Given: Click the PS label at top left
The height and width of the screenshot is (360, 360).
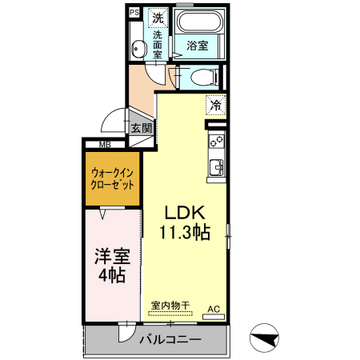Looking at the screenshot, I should click(x=134, y=13).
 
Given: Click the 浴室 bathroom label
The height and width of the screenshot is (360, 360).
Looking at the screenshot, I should click(x=198, y=46).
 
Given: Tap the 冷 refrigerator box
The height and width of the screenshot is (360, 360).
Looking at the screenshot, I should click(x=215, y=104).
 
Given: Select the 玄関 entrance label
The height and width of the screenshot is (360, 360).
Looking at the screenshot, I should click(x=142, y=128).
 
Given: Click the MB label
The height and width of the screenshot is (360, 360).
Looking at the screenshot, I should click(x=105, y=145).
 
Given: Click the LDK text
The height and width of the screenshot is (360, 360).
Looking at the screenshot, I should click(x=186, y=214).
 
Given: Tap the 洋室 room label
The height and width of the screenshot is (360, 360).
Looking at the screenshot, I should click(x=112, y=257).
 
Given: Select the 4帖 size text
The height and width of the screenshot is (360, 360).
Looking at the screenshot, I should click(x=112, y=276).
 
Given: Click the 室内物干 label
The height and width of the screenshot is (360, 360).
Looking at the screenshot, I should click(x=170, y=305).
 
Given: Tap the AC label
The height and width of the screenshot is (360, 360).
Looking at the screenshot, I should click(x=214, y=308).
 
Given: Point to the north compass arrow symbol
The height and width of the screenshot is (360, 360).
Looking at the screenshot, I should click(x=266, y=340).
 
